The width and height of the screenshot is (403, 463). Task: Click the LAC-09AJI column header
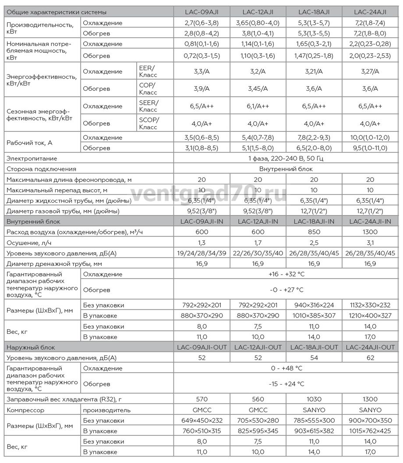pyautogui.click(x=201, y=12)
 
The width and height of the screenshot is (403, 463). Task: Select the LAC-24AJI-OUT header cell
pyautogui.click(x=370, y=347)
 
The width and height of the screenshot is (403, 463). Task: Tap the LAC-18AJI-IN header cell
pyautogui.click(x=314, y=221)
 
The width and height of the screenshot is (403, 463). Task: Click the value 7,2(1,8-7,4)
pyautogui.click(x=370, y=23)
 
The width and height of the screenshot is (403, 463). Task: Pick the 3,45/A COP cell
pyautogui.click(x=258, y=88)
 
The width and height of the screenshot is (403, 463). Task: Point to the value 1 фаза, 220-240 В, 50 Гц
pyautogui.click(x=286, y=158)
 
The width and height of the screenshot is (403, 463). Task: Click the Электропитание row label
pyautogui.click(x=32, y=158)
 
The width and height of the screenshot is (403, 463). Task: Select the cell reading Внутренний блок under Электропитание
pyautogui.click(x=286, y=169)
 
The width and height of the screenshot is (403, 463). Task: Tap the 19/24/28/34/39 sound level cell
pyautogui.click(x=201, y=253)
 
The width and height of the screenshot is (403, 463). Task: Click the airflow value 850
pyautogui.click(x=314, y=232)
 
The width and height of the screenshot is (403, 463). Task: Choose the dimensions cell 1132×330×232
pyautogui.click(x=370, y=305)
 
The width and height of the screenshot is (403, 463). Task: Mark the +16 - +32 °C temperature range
pyautogui.click(x=286, y=274)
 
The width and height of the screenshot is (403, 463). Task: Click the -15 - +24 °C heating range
pyautogui.click(x=286, y=384)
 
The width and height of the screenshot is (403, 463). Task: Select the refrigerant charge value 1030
pyautogui.click(x=314, y=399)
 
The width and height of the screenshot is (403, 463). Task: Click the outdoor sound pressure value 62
pyautogui.click(x=370, y=358)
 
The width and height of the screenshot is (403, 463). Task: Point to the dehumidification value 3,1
pyautogui.click(x=370, y=243)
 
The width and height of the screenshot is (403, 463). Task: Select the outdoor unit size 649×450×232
pyautogui.click(x=201, y=421)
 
